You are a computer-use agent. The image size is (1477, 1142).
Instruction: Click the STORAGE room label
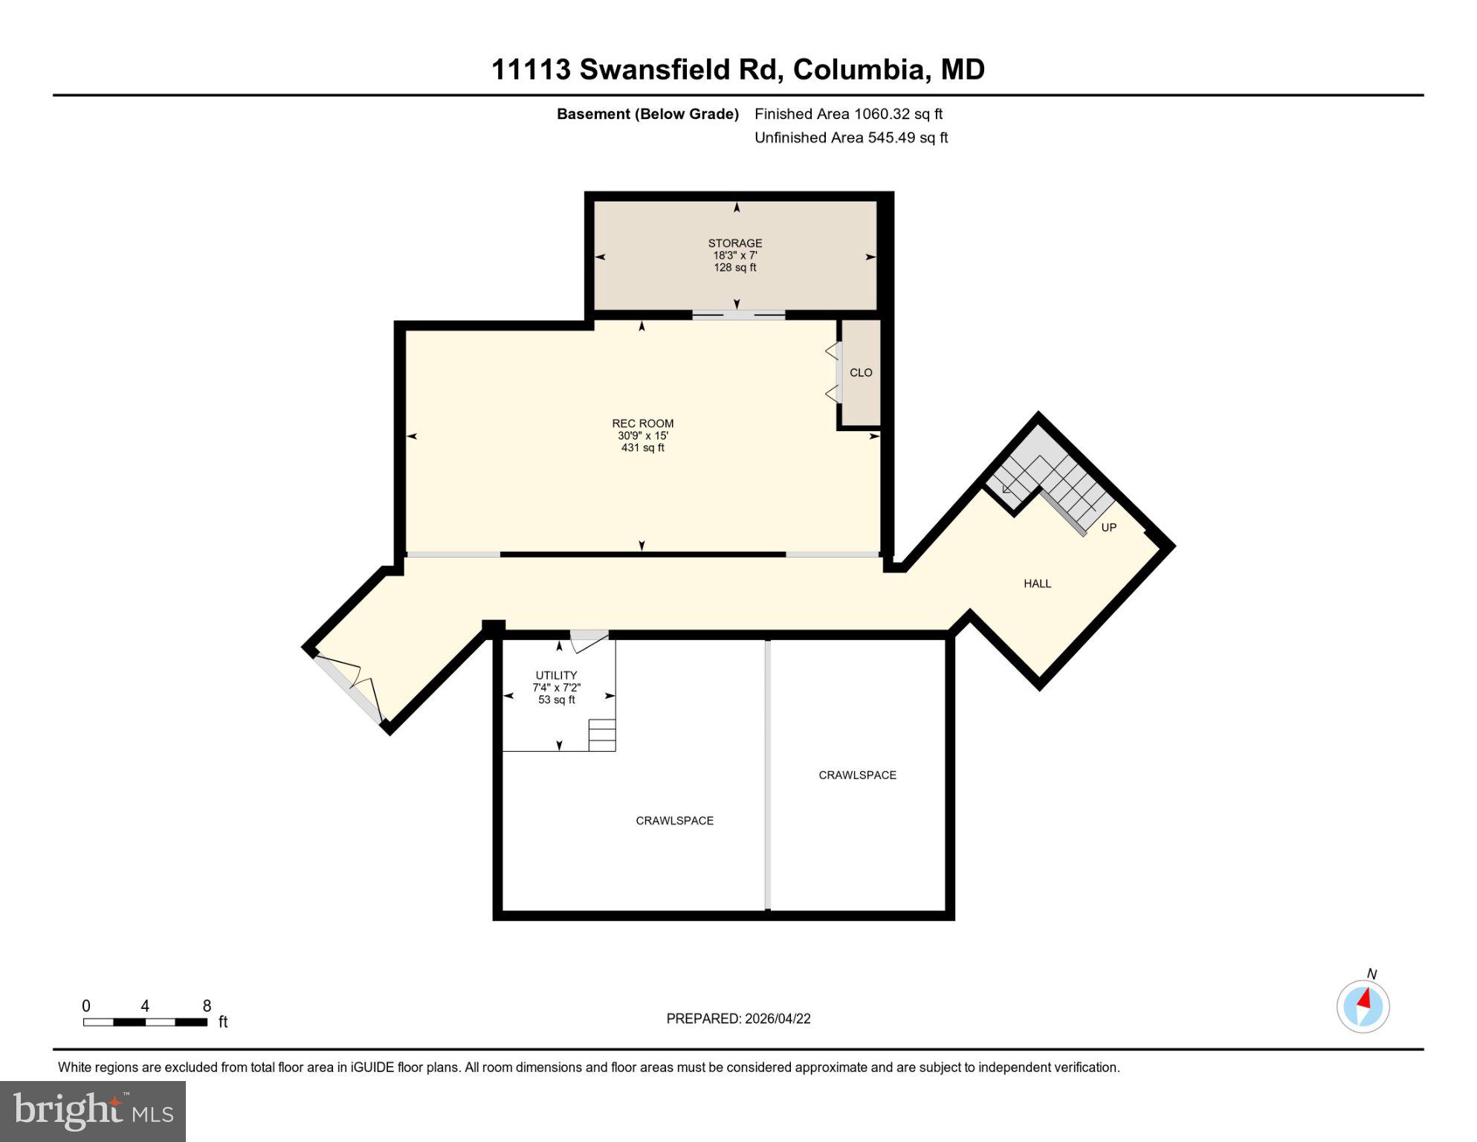[734, 243]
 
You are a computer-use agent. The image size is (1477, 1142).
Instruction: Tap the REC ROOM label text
[642, 423]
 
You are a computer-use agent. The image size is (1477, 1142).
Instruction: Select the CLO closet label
[861, 372]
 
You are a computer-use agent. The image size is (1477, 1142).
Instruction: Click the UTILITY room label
[556, 675]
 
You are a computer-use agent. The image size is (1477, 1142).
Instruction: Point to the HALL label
[1037, 584]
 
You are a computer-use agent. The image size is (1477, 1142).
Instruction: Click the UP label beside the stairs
[1108, 527]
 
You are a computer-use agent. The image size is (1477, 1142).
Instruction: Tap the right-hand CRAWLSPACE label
[857, 775]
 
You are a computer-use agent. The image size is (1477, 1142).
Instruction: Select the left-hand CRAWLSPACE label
[674, 820]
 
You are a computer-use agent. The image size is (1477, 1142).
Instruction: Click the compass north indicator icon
[1363, 1007]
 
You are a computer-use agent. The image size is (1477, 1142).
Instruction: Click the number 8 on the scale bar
[207, 1006]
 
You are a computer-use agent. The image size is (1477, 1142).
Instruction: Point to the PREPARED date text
[737, 1019]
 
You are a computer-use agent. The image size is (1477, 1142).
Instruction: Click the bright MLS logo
[93, 1111]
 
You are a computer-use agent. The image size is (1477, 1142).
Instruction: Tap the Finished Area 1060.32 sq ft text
[848, 114]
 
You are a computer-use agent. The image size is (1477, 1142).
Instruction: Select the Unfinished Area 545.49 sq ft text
[850, 138]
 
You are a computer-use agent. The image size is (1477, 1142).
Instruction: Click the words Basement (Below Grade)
[647, 114]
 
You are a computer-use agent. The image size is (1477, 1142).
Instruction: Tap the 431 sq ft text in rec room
[642, 448]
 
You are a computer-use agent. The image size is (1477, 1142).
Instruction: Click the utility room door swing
[590, 642]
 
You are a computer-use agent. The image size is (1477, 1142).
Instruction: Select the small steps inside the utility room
[602, 735]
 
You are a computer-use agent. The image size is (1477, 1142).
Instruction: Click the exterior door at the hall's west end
[349, 689]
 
